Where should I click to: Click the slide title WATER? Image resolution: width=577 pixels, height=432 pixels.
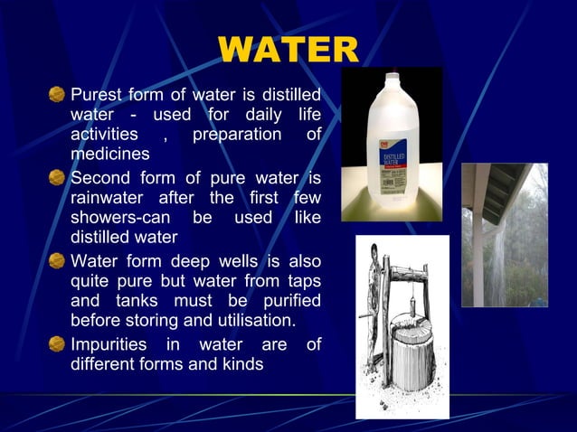click(x=288, y=52)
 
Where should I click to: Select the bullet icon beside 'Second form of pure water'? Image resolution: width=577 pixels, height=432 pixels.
click(x=57, y=177)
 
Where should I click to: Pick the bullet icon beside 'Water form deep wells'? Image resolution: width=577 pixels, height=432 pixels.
click(x=57, y=262)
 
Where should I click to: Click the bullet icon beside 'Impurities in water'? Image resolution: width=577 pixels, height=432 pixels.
click(x=57, y=344)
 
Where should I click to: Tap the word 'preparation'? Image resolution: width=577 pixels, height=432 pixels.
click(x=234, y=135)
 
